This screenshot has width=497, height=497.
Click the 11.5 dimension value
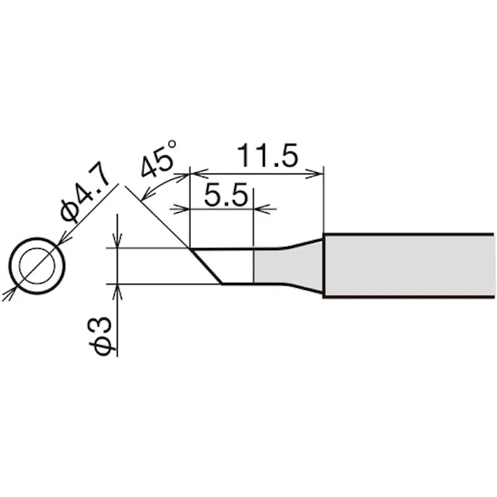[x=268, y=155]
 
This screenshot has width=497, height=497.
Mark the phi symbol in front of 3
[x=103, y=346]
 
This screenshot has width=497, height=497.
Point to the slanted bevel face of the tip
[x=205, y=266]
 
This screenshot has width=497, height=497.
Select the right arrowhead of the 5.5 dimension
[x=258, y=208]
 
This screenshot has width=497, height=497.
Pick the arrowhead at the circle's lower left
[x=10, y=293]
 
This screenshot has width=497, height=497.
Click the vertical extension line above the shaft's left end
[x=324, y=202]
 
